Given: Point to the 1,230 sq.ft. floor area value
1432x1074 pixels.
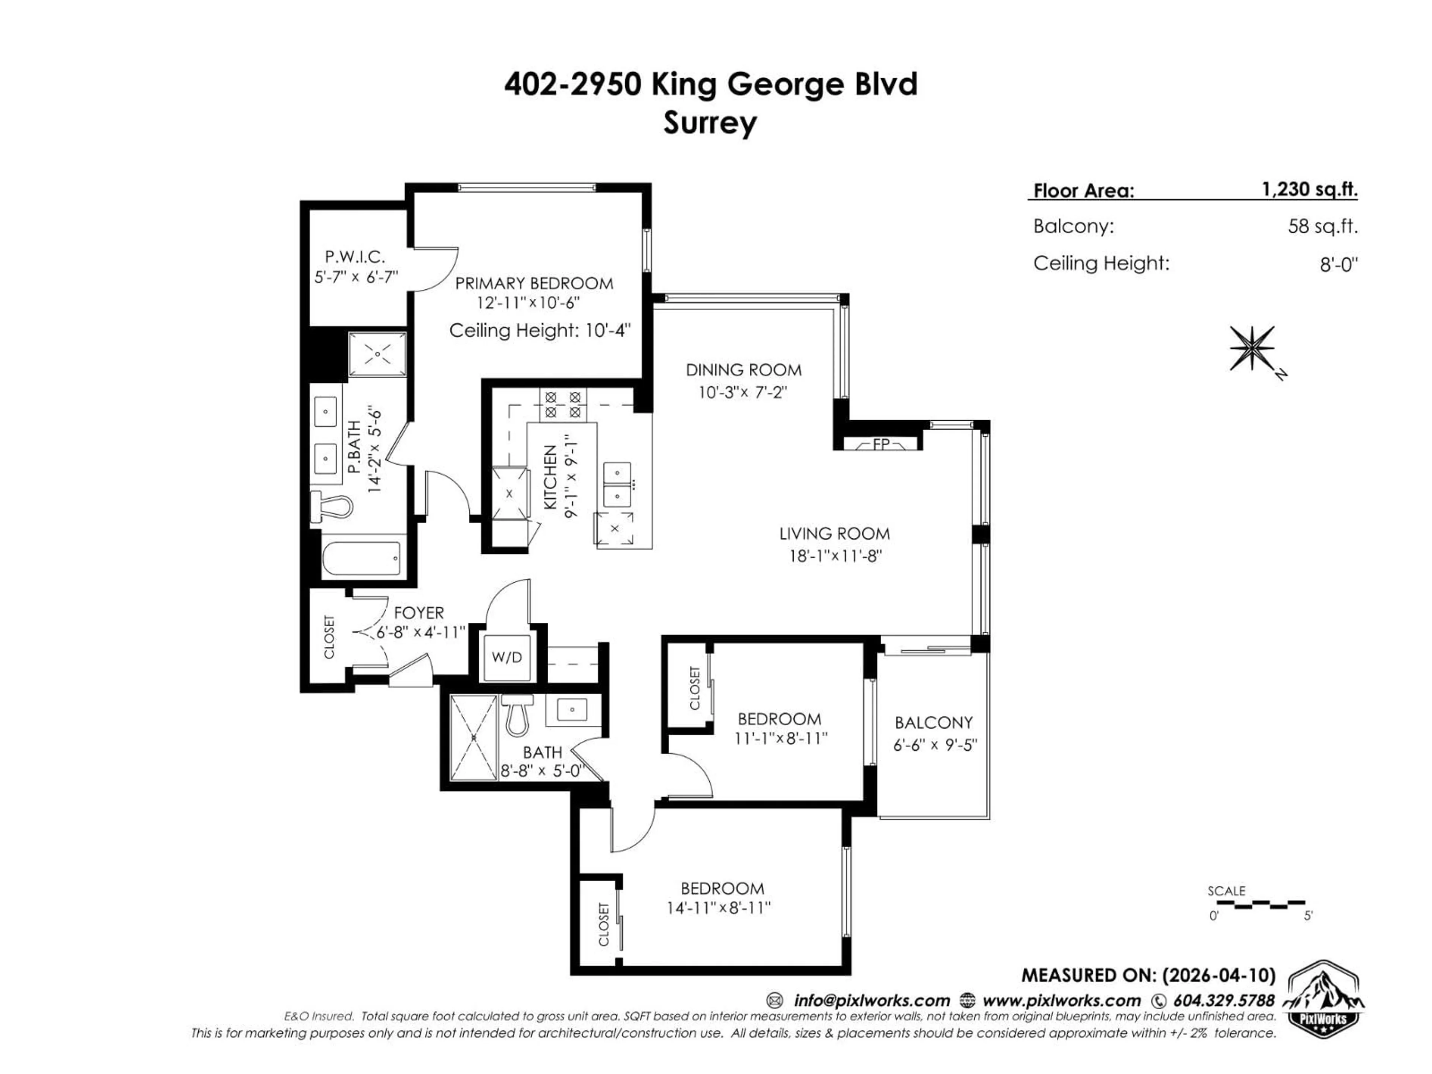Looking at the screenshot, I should [x=1309, y=190].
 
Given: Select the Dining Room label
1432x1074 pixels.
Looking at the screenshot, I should [x=743, y=370].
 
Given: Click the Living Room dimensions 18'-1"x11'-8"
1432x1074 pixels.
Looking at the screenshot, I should [x=835, y=555].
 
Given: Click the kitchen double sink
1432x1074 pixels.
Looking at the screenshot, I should [x=617, y=484].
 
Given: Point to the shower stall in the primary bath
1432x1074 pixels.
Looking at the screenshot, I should [x=377, y=354].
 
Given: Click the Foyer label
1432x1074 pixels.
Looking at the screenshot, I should [x=419, y=612].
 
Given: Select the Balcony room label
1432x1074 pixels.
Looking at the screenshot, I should [x=933, y=722].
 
